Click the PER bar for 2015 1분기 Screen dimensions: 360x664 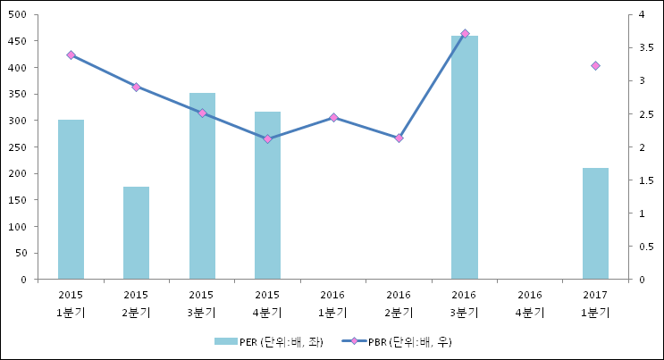point(71,199)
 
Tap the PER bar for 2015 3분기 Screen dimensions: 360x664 point(202,186)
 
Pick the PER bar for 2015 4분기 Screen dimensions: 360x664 point(267,195)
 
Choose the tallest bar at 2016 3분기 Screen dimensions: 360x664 point(464,157)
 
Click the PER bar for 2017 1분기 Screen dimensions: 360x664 point(595,223)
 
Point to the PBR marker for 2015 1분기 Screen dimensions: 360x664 point(71,55)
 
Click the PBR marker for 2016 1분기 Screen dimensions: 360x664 point(333,118)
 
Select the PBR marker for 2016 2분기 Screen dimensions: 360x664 point(399,138)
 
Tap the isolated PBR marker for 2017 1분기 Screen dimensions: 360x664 point(595,66)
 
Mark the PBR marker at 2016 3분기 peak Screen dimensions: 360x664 point(465,34)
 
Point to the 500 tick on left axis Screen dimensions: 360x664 point(17,15)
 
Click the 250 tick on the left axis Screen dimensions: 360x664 point(17,147)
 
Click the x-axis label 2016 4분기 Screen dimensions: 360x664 point(530,303)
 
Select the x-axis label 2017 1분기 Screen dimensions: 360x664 point(595,303)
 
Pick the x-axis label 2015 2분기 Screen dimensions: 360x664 point(136,303)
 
